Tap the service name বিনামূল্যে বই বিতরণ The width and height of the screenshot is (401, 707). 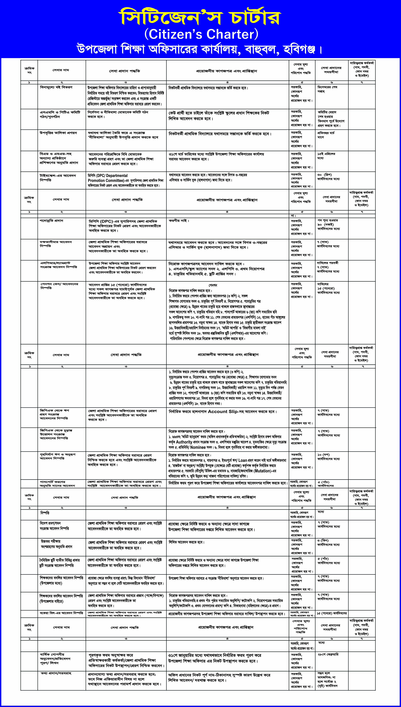56,87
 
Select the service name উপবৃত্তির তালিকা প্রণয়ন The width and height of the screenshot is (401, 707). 58,133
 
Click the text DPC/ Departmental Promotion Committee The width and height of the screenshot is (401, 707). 107,178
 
